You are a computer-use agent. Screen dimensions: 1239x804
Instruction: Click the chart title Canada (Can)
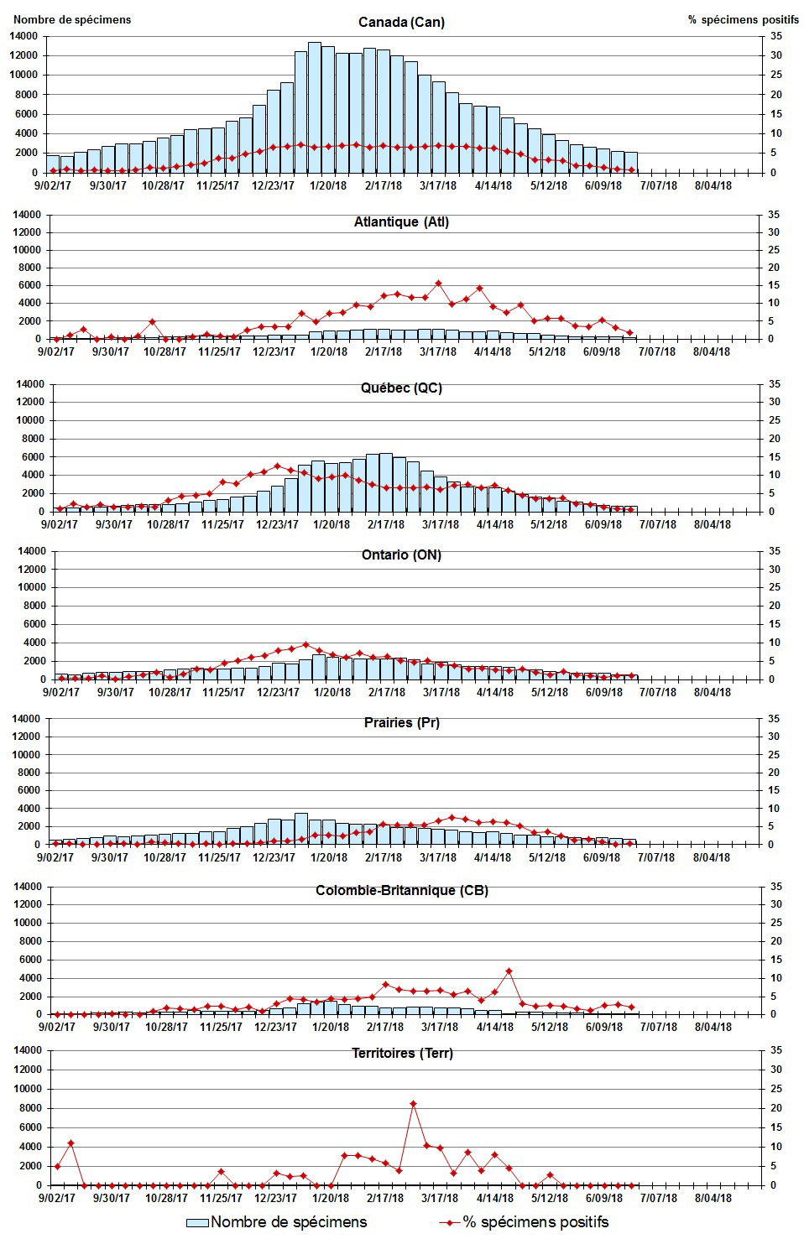pos(401,22)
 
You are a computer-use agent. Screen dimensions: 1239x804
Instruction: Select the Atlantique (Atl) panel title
pos(401,221)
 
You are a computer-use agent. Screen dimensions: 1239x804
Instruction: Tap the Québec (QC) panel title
pos(401,388)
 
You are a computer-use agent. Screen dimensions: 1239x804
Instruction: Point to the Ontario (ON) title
pos(401,554)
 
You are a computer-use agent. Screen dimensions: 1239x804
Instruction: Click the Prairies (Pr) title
pos(401,722)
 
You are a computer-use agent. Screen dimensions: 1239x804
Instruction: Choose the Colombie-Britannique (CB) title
pos(401,890)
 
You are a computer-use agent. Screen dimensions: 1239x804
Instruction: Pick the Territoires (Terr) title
pos(401,1053)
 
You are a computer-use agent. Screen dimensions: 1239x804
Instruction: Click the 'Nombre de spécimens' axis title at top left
pos(72,19)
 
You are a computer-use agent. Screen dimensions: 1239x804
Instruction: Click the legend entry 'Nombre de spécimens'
pos(288,1221)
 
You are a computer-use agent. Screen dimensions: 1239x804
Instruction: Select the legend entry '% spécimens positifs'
pos(535,1221)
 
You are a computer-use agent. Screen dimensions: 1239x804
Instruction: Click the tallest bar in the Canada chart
pos(315,107)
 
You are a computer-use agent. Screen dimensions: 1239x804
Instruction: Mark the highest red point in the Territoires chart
pos(413,1104)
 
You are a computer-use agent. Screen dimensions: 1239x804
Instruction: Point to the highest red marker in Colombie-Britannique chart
pos(509,971)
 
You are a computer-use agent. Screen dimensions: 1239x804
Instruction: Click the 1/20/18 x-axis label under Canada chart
pos(329,185)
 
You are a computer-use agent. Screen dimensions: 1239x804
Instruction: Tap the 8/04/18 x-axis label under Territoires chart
pos(712,1197)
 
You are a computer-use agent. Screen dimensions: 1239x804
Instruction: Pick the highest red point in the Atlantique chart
pos(438,284)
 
